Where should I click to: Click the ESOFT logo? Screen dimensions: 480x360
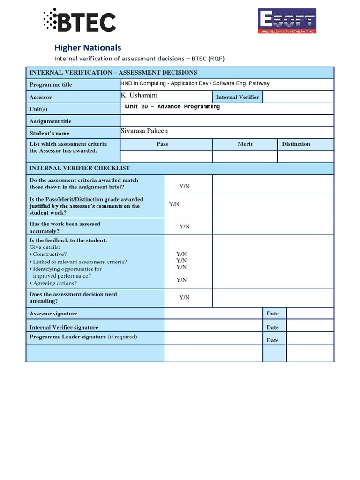[287, 22]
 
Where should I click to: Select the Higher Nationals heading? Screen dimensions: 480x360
[88, 47]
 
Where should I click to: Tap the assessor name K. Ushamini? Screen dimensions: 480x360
[139, 95]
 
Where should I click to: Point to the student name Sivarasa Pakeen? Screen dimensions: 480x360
[144, 131]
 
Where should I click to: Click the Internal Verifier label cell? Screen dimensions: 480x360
[237, 97]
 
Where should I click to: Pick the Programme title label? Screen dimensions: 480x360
[51, 85]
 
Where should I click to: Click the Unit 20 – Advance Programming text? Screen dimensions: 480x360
[172, 107]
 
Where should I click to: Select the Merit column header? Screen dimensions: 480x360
[245, 144]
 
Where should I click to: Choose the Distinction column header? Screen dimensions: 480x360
[296, 144]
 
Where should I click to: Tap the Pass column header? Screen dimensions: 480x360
[162, 144]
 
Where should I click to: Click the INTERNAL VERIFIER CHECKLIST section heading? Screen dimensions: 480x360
[80, 168]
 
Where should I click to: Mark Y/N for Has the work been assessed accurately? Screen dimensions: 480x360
[184, 226]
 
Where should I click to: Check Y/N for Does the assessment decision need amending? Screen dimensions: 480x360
[184, 297]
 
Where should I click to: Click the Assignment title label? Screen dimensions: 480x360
[51, 121]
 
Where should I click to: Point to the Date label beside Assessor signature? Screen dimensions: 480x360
[272, 314]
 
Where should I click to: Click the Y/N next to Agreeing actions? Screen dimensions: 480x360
[181, 280]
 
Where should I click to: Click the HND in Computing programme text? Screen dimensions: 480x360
[195, 83]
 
